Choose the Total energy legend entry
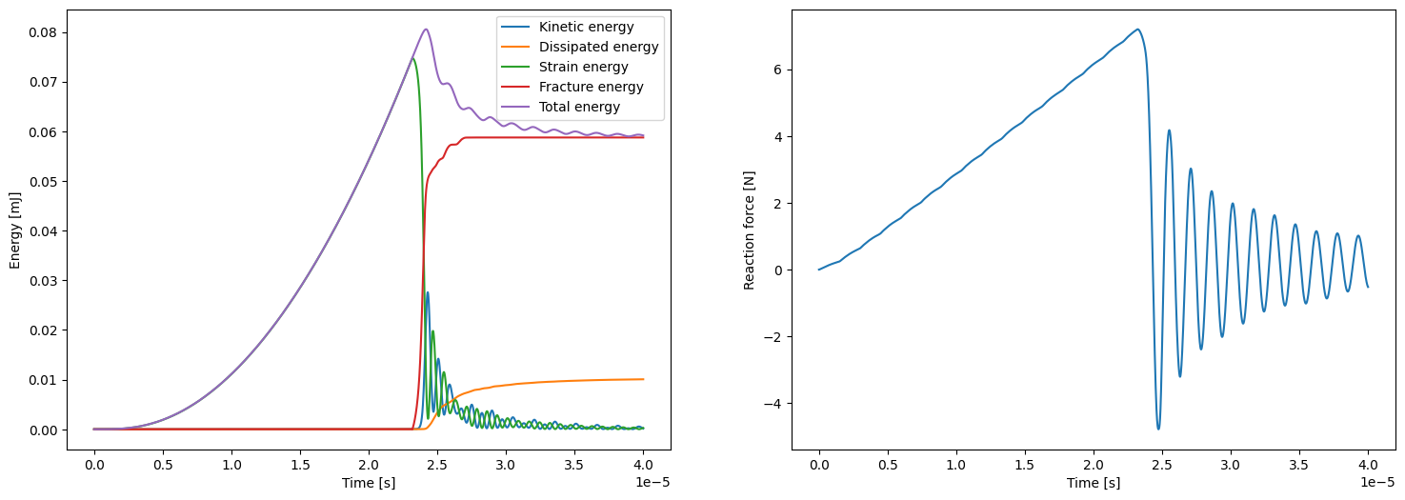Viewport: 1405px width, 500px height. click(x=579, y=107)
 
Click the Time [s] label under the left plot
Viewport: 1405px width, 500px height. click(x=369, y=483)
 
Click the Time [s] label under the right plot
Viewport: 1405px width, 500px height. click(x=1094, y=483)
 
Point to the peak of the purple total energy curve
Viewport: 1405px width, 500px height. click(x=426, y=30)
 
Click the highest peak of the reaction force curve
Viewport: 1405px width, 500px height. click(x=1137, y=30)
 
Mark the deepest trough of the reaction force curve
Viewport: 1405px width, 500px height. click(x=1158, y=429)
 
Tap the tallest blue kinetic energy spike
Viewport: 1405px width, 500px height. click(x=427, y=293)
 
